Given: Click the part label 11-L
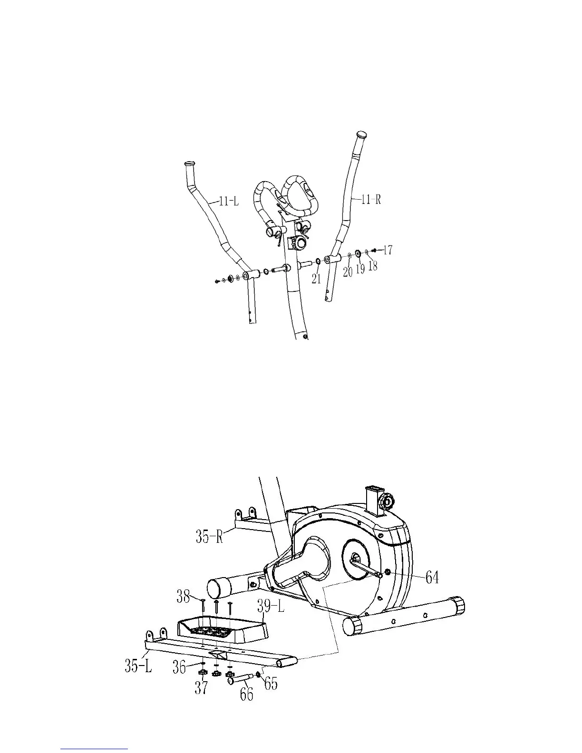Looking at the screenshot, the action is [228, 202].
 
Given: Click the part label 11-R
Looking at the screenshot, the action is [371, 200].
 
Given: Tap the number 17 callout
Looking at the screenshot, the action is [388, 250].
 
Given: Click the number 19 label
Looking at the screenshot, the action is [360, 269].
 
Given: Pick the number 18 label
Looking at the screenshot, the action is [373, 265].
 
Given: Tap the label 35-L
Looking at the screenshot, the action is [138, 666].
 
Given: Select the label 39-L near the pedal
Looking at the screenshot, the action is [271, 606].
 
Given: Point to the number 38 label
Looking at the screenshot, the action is [184, 596].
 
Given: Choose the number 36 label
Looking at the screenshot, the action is [179, 667].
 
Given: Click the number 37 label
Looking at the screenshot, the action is [201, 688].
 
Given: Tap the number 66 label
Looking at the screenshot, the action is [246, 694].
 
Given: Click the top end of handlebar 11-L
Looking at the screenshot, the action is [190, 164].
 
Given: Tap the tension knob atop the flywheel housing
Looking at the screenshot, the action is [387, 501].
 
